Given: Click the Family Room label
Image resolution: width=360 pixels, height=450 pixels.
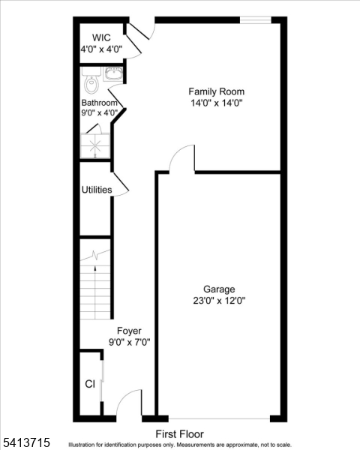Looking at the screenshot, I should click(216, 91).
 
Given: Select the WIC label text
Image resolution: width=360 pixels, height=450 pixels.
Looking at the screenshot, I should click(101, 37).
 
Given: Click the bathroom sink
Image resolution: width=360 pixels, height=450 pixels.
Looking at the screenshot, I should click(112, 73).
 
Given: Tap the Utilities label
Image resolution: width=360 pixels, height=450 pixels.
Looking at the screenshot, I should click(97, 190).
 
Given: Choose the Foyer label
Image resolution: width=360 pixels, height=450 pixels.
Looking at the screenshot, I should click(129, 331).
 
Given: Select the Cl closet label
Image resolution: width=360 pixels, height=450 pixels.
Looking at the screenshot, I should click(89, 384).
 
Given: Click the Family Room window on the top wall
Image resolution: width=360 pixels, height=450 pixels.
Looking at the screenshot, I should click(255, 20).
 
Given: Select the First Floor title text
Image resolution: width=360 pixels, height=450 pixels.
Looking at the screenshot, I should click(179, 433).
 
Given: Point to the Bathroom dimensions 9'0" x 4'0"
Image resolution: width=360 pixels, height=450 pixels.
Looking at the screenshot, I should click(100, 113).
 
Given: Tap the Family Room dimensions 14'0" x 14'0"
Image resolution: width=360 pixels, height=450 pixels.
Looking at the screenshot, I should click(216, 103).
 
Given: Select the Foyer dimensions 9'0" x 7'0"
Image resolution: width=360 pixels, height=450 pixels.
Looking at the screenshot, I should click(129, 342).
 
